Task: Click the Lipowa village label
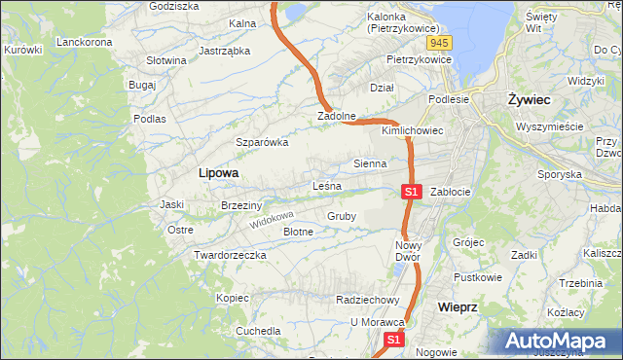click(x=218, y=172)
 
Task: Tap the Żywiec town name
click(x=530, y=99)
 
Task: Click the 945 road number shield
click(x=439, y=43)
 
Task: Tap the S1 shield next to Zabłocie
click(x=411, y=192)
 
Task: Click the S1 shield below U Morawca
click(x=393, y=341)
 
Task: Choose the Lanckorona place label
click(x=86, y=42)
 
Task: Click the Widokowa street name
click(x=270, y=219)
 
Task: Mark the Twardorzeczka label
click(x=230, y=255)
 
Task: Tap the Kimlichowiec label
click(x=413, y=129)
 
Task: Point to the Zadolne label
click(x=336, y=117)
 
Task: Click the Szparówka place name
click(x=262, y=142)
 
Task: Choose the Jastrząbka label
click(x=224, y=51)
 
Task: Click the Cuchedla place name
click(x=257, y=331)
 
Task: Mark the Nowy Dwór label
click(x=409, y=251)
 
